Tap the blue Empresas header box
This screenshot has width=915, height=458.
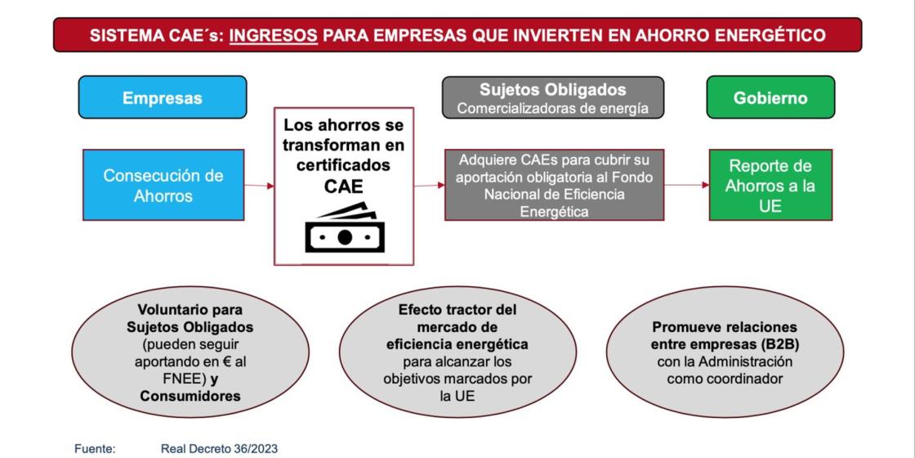[162, 98]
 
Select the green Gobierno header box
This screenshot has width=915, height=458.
[770, 98]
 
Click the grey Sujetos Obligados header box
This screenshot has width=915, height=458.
[553, 98]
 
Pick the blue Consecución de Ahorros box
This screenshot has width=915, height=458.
[162, 186]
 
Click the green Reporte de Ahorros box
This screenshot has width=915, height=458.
[770, 186]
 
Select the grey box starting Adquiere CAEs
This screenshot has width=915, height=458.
[553, 185]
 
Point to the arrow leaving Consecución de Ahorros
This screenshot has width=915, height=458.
[259, 186]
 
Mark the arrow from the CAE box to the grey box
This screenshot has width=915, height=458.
[429, 185]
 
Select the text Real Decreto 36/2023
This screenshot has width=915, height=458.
[220, 448]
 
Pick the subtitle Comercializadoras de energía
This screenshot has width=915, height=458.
[553, 108]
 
